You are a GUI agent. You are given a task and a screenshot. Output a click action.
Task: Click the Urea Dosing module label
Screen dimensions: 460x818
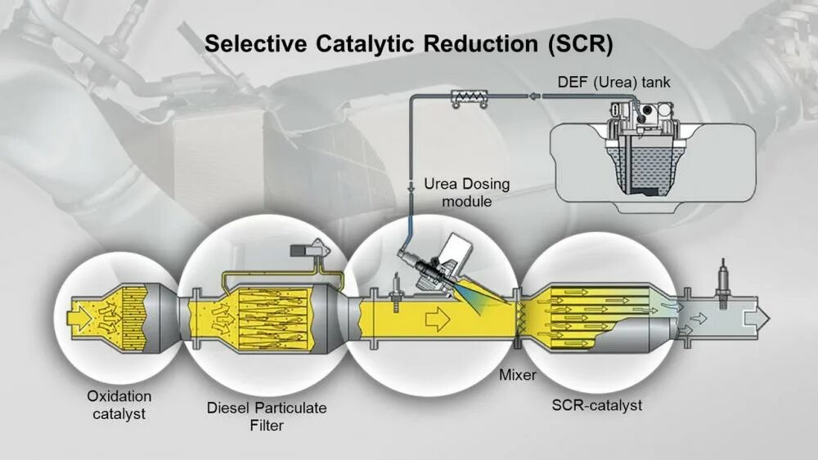(466, 192)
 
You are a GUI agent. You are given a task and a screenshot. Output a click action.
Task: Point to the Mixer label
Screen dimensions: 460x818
(518, 375)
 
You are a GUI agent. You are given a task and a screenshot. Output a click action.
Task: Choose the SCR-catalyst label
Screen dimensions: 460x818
(597, 404)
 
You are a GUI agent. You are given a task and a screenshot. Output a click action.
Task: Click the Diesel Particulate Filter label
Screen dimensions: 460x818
(265, 415)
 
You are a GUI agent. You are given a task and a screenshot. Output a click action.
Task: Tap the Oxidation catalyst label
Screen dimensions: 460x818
(119, 404)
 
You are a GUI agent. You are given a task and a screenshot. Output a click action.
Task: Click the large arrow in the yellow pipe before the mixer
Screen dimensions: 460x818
(438, 317)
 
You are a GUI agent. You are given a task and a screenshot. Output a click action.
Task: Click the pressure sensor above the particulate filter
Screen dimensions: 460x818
(308, 248)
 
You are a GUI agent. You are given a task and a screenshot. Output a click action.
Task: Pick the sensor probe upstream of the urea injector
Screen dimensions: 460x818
(395, 289)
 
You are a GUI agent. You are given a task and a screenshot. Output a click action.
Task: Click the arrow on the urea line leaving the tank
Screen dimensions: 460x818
(533, 96)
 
